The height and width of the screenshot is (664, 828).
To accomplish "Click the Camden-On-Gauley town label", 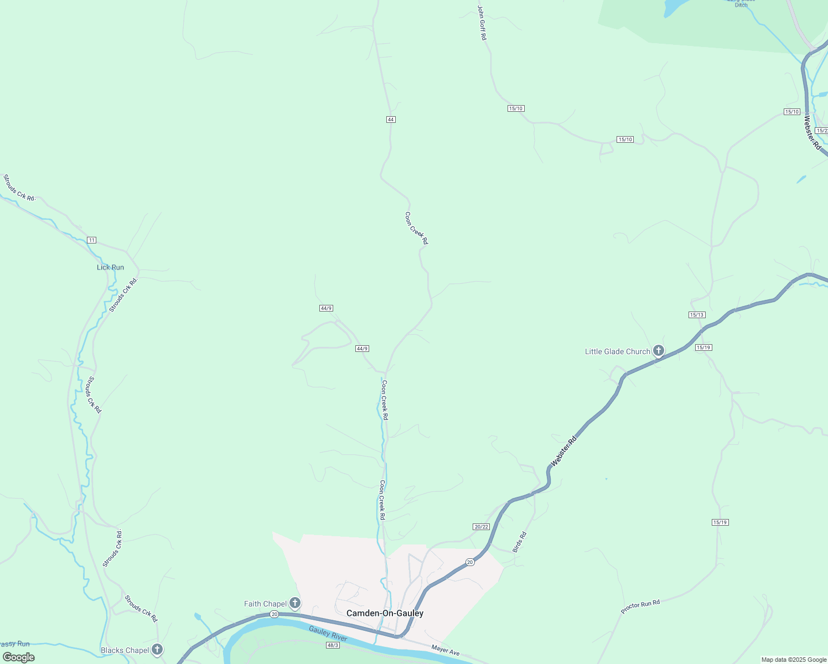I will (385, 613).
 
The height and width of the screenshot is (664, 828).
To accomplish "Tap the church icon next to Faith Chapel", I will (296, 603).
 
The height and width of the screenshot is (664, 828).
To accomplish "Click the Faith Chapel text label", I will (265, 604).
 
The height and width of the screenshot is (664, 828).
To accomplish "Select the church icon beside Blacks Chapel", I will (158, 650).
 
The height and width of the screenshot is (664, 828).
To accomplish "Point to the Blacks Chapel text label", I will (125, 650).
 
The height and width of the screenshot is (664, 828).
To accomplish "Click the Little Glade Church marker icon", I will (658, 351).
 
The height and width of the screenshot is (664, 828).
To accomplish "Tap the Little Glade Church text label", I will (618, 351).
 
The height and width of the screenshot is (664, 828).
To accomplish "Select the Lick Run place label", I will (111, 267).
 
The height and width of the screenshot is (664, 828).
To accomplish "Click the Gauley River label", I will (328, 634).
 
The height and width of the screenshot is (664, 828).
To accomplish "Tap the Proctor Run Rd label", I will (640, 607).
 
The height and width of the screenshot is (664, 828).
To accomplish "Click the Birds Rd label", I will (519, 542).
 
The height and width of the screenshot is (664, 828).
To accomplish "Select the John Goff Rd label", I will (482, 23).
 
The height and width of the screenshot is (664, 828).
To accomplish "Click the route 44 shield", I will (391, 120).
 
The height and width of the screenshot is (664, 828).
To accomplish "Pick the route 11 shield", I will (92, 240).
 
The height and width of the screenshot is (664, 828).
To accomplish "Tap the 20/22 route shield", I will (482, 526).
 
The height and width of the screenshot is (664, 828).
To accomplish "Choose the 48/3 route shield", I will (333, 645).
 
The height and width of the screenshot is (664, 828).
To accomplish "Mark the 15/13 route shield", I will (697, 315).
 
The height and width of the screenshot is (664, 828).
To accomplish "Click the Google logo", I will (18, 657).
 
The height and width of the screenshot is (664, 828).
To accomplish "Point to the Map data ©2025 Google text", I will (794, 660).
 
